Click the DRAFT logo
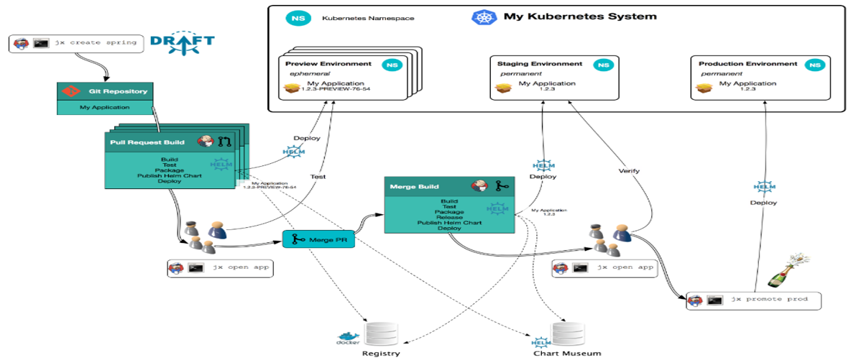coord(183,42)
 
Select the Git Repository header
coord(105,91)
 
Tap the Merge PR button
coord(319,239)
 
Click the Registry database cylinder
coord(381,334)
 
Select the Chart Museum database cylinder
coord(566,335)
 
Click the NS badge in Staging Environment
coord(602,65)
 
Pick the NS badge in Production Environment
coord(814,65)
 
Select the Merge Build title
coord(413,186)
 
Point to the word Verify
coord(628,171)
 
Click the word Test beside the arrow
coord(317,176)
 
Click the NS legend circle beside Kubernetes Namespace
coord(294,17)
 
